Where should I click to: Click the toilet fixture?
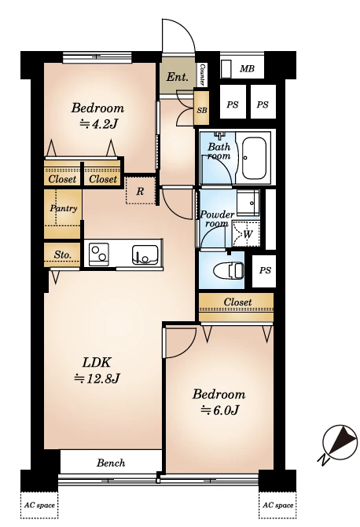tap(229, 270)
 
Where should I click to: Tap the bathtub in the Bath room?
tap(254, 156)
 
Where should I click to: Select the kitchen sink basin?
tap(145, 255)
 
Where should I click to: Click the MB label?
tap(247, 69)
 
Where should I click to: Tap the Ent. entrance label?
tap(178, 77)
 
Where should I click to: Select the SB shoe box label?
tap(202, 110)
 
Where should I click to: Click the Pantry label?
tap(64, 208)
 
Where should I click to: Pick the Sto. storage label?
tap(63, 254)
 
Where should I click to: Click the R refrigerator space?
tap(140, 191)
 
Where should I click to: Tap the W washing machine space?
tap(247, 234)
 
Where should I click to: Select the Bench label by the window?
tap(111, 463)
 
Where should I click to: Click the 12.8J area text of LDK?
tap(97, 379)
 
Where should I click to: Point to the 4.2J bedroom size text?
tap(98, 124)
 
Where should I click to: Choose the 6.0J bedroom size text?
tap(220, 410)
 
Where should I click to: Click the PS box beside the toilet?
tap(264, 271)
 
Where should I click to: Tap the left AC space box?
tap(40, 506)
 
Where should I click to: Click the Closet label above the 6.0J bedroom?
tap(237, 302)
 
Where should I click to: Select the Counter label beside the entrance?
tap(202, 74)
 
